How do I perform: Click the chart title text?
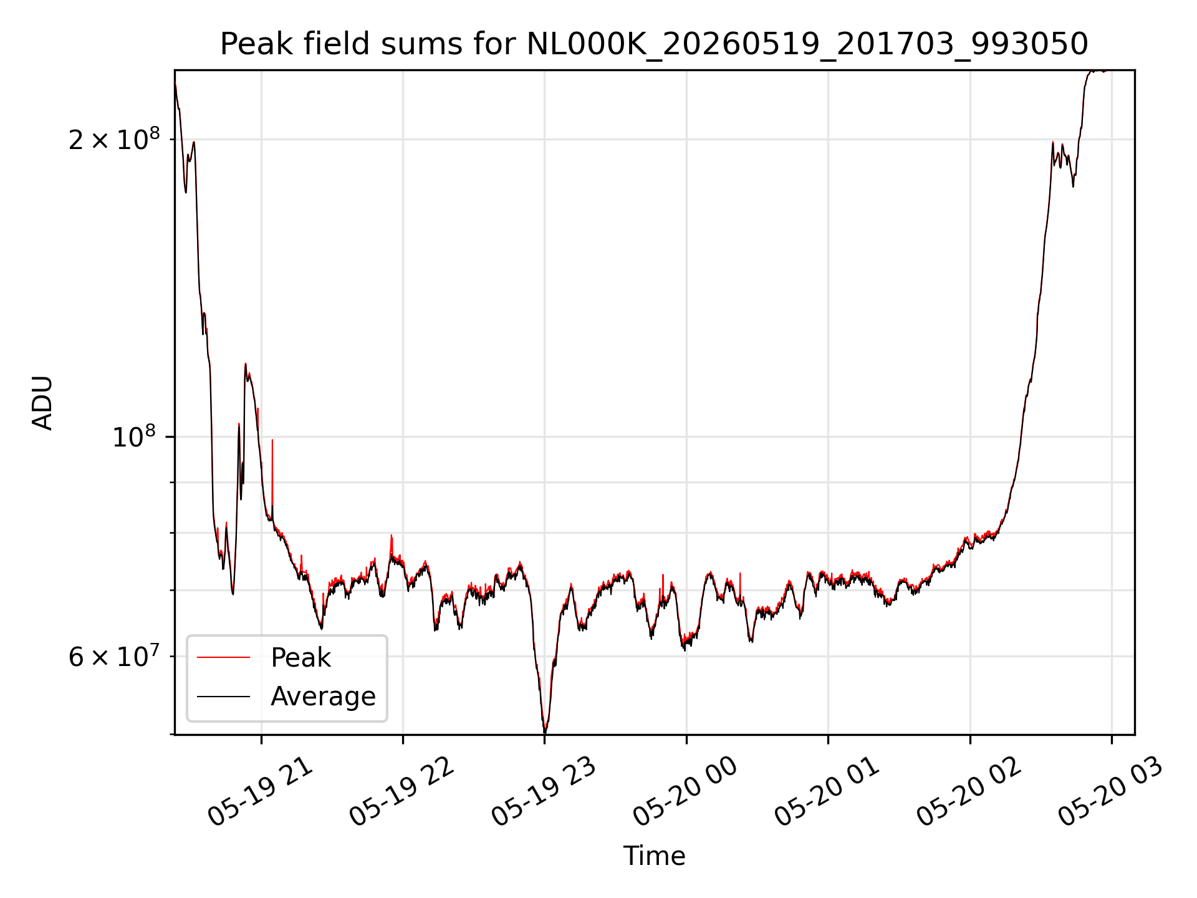pos(654,44)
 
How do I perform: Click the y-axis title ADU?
pos(43,403)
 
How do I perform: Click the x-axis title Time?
pos(654,856)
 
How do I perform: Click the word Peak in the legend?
pos(300,658)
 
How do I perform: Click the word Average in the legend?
pos(323,697)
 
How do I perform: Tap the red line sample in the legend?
pos(223,657)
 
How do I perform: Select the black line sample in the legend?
pos(223,696)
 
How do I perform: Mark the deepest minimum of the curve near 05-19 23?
pos(545,732)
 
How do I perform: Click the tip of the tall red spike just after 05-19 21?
pos(272,440)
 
